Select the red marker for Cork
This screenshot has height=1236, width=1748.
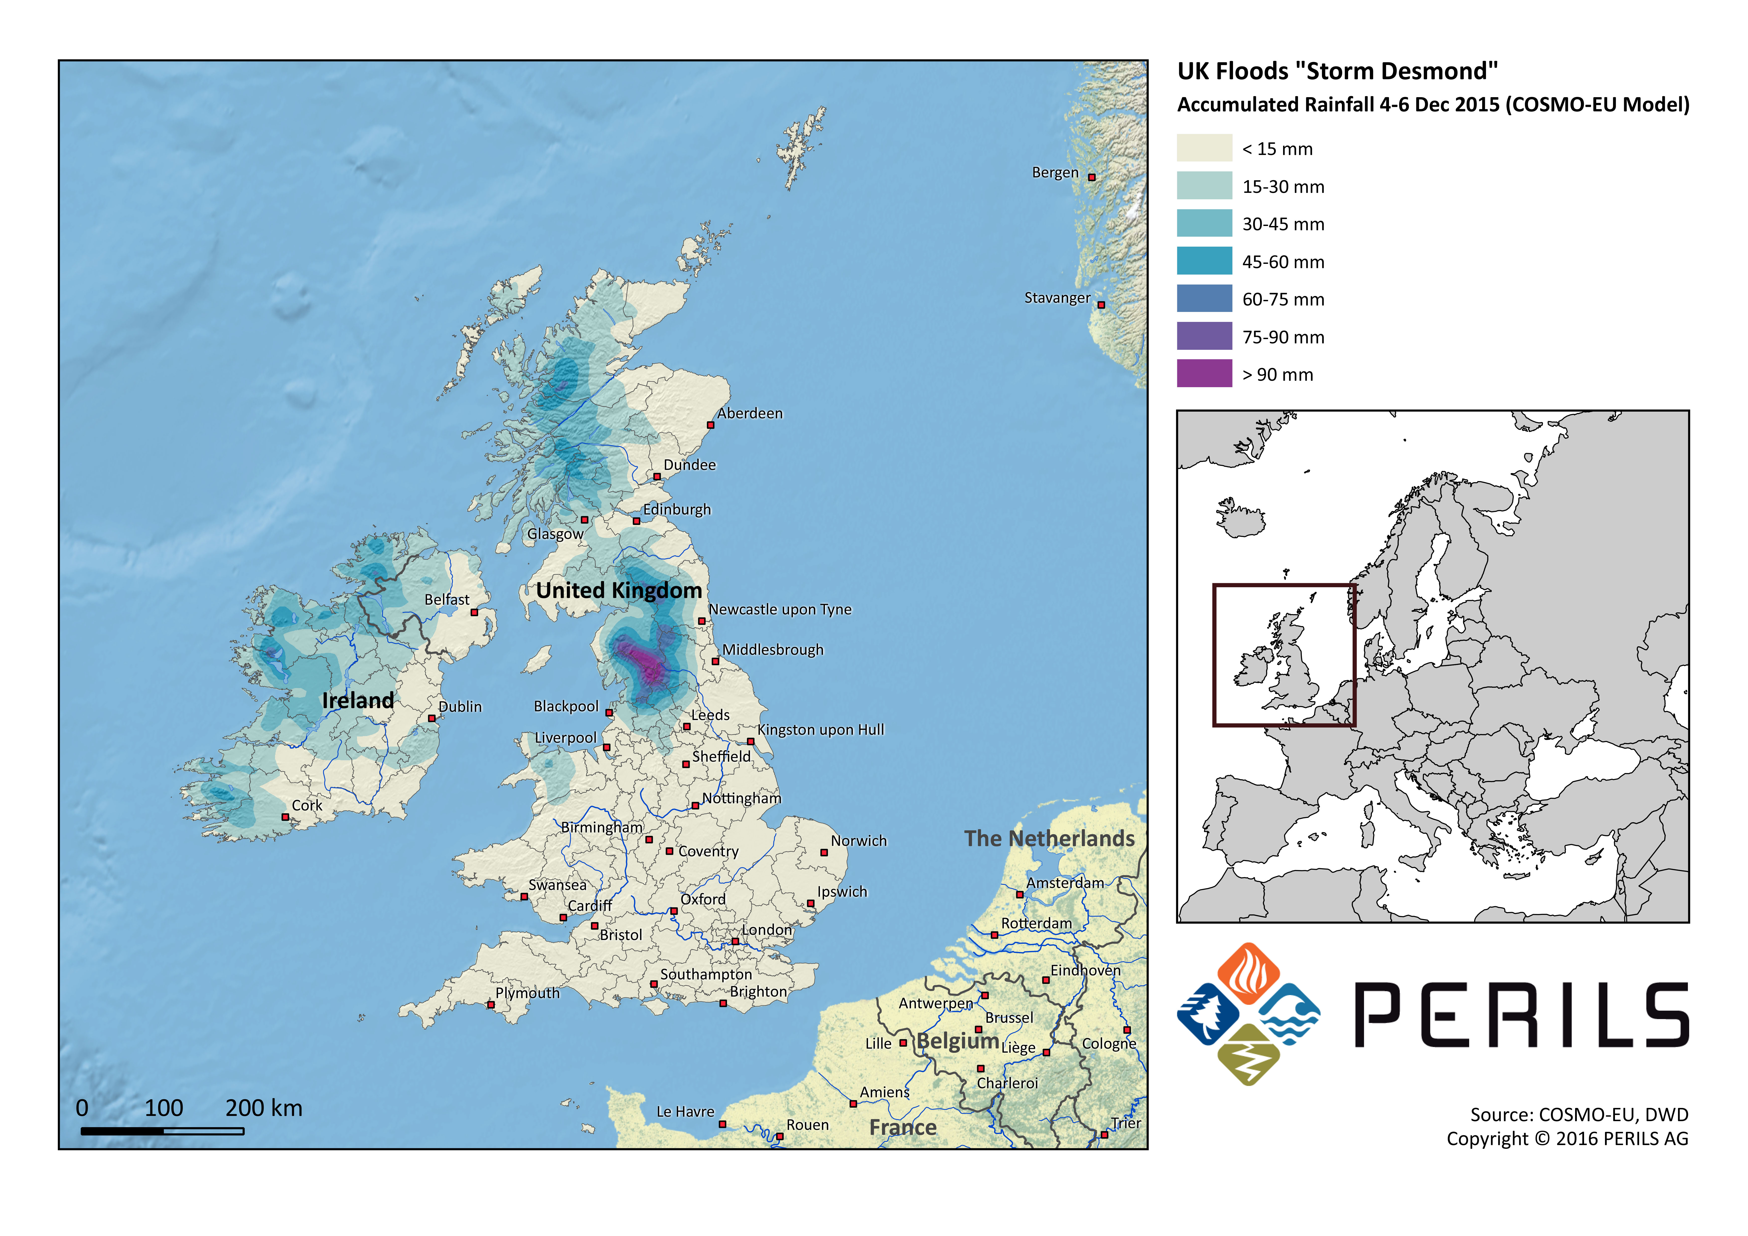(x=286, y=817)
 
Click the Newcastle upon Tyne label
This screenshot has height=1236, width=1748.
(x=780, y=609)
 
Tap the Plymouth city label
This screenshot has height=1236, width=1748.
(x=527, y=993)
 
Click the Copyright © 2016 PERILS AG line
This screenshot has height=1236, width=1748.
(x=1567, y=1139)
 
